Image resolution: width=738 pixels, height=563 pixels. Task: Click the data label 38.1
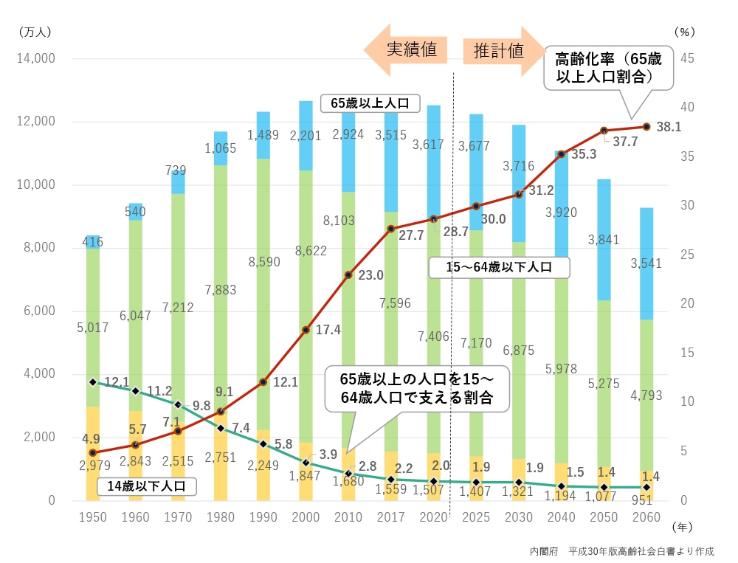668,127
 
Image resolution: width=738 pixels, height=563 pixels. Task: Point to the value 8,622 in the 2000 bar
306,251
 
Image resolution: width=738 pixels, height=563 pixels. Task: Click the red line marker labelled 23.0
348,275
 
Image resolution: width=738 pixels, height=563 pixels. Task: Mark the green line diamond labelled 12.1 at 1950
93,382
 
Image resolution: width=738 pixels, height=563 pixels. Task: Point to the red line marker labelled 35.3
562,154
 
